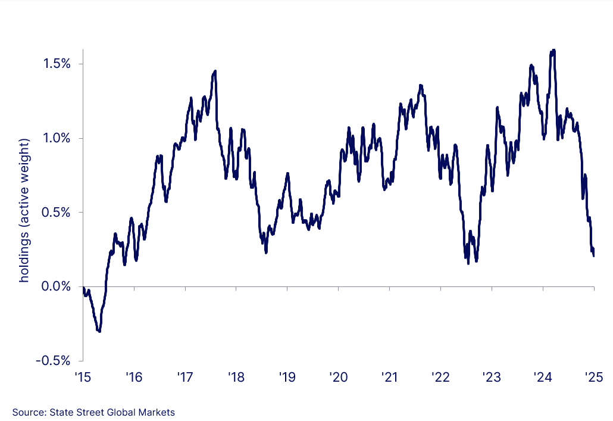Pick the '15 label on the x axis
(82, 377)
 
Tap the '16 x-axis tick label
(134, 377)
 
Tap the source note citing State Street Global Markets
(93, 412)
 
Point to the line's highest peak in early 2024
(553, 51)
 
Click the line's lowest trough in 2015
(99, 331)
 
